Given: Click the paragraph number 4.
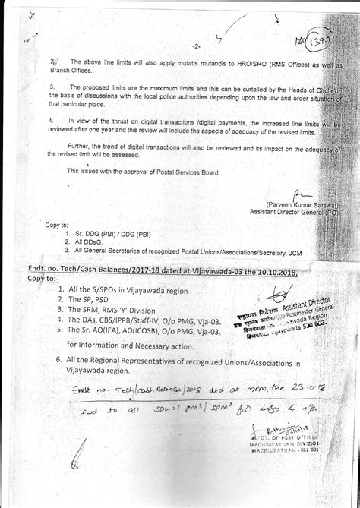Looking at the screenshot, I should point(51,119).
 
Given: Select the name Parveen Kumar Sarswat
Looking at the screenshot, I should point(295,205).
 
